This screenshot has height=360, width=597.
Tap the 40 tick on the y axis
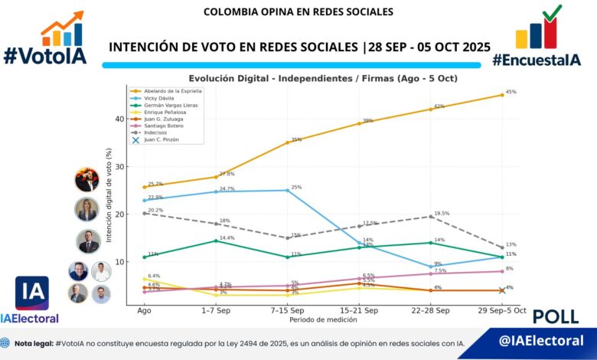tap(119, 119)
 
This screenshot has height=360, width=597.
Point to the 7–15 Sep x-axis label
tap(288, 310)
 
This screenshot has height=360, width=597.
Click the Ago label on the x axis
tap(144, 310)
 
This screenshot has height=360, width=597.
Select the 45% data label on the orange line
tap(511, 92)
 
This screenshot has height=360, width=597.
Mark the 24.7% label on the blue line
tap(227, 188)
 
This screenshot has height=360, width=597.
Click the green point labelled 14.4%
tap(216, 241)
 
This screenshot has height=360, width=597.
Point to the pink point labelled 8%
tap(501, 271)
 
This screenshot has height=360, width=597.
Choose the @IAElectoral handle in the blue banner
tap(541, 341)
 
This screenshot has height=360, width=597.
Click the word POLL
tap(555, 316)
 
